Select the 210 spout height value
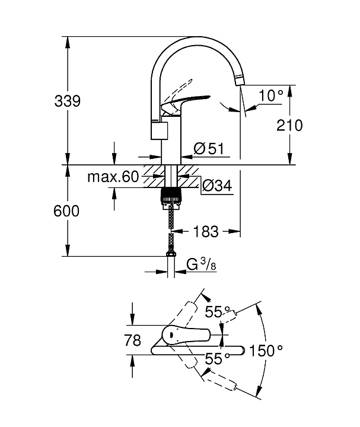point(290,125)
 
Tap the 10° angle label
point(270,94)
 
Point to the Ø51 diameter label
point(208,149)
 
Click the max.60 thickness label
point(112,176)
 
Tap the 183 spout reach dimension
point(206,231)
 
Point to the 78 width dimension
point(134,340)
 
